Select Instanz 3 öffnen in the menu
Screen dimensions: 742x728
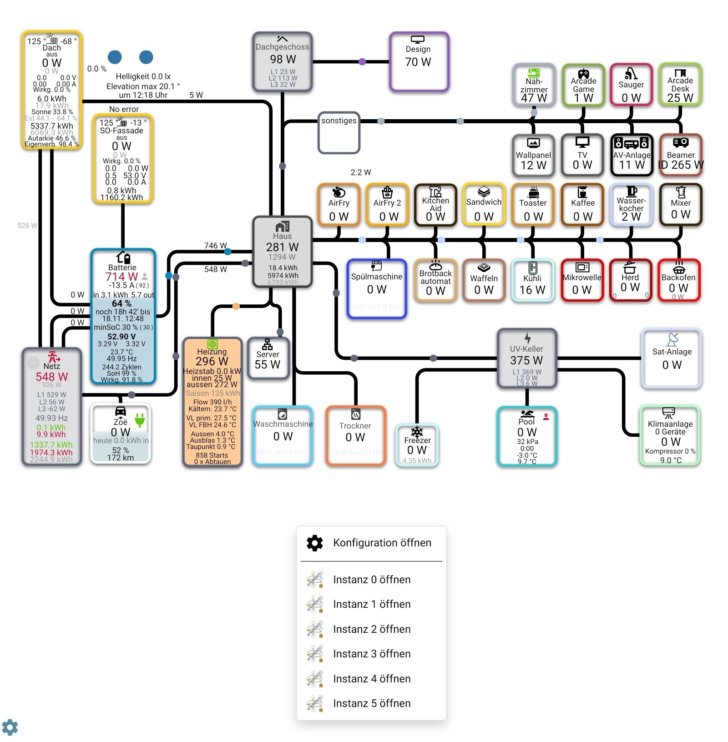tap(371, 654)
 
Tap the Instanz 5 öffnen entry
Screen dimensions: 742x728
tap(371, 703)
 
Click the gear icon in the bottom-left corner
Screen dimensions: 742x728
tap(10, 727)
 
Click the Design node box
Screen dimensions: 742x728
tap(419, 61)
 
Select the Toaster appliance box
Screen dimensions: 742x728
tap(533, 205)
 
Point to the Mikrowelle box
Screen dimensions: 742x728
tap(582, 280)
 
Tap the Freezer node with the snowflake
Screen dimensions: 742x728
tap(417, 445)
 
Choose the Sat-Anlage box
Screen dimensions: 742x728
tap(672, 358)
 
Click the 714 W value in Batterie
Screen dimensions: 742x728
tap(121, 277)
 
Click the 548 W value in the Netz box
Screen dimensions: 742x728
tap(52, 377)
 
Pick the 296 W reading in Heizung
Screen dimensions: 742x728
tap(212, 361)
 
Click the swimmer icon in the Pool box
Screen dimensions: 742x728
tap(527, 414)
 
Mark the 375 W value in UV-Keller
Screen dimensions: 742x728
tap(526, 360)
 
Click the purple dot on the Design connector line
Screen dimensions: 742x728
tap(362, 61)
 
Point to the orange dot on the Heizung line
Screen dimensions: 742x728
tap(236, 306)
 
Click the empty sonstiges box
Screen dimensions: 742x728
tap(339, 133)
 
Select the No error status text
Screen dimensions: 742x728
tap(124, 109)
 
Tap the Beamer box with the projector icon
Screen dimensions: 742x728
tap(681, 155)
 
